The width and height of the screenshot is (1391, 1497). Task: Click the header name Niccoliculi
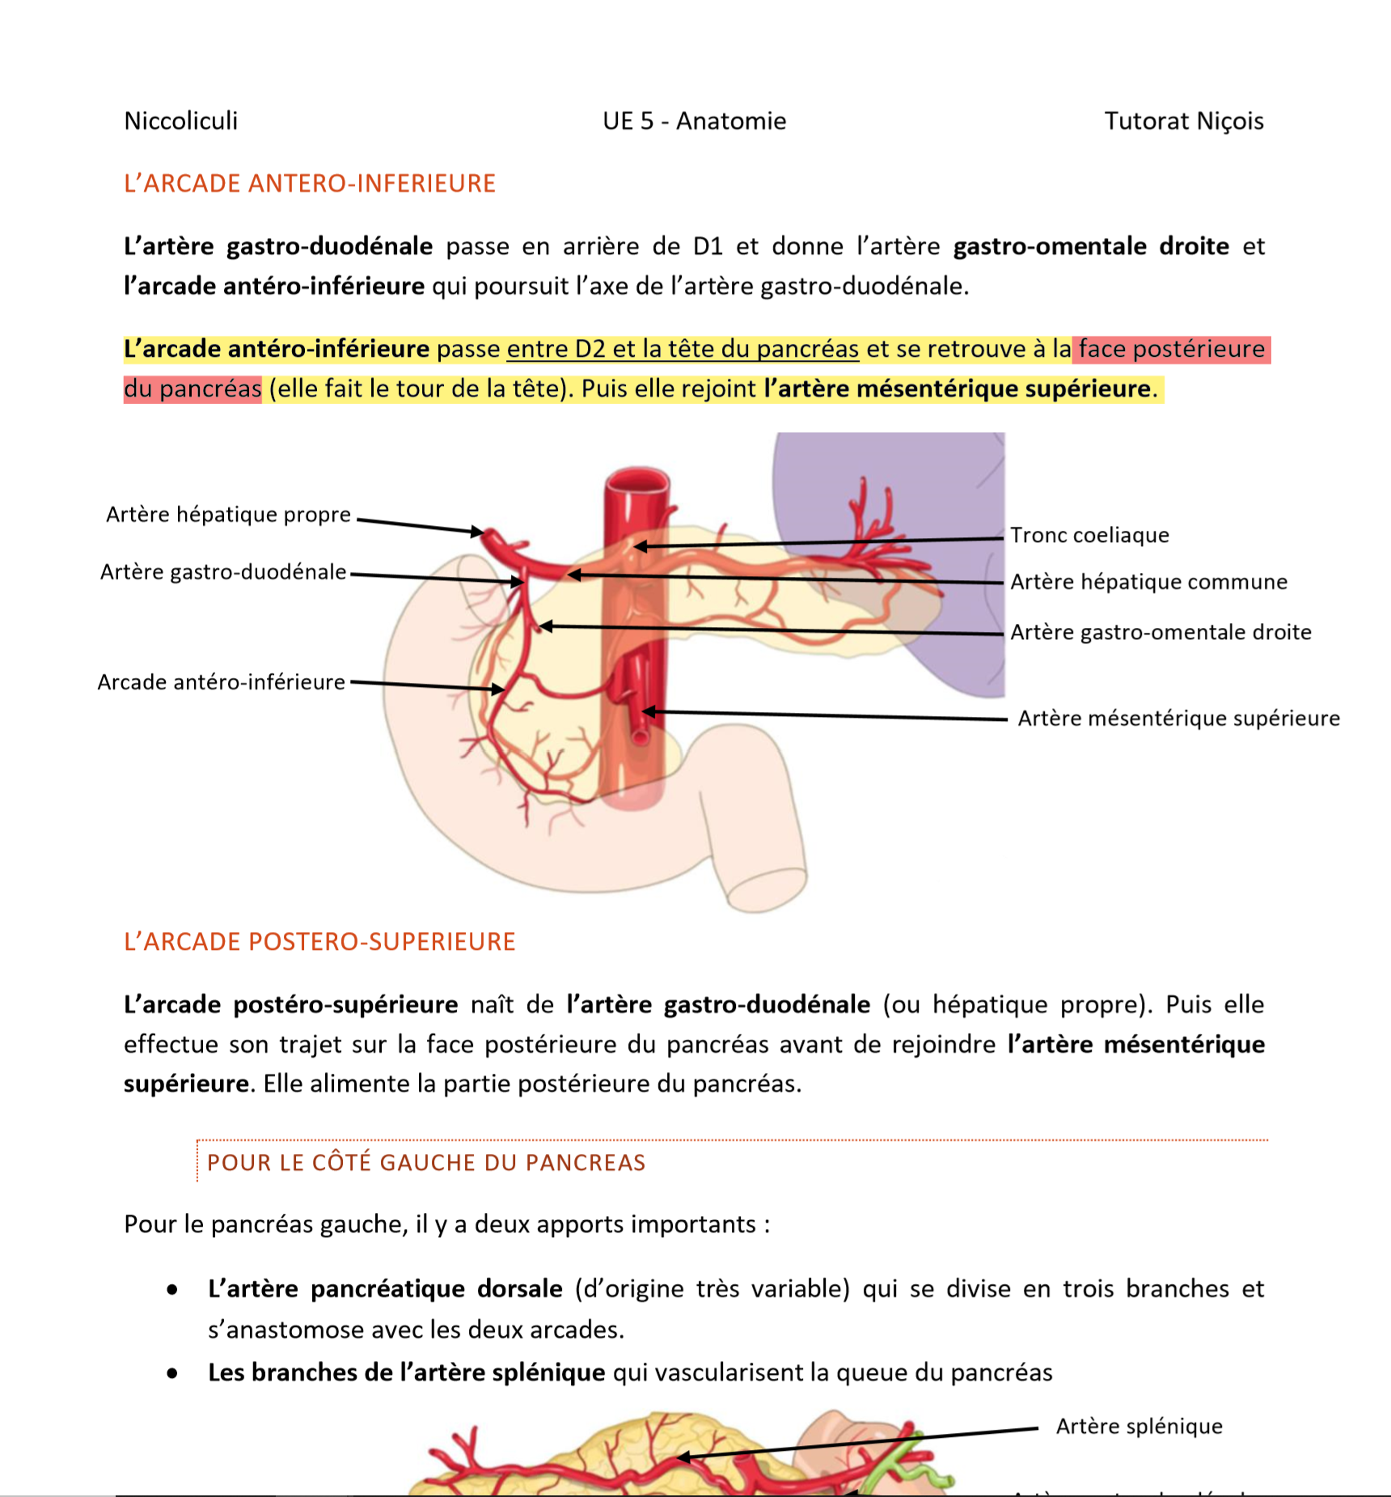[181, 121]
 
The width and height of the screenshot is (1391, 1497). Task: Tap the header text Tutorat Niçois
[1183, 121]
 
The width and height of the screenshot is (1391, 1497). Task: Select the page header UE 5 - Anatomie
[694, 121]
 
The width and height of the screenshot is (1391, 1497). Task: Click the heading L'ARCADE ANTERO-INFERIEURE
[310, 184]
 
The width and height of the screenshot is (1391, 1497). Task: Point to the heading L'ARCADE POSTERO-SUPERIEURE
[319, 942]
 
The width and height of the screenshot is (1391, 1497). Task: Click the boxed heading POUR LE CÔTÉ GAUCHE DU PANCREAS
[426, 1163]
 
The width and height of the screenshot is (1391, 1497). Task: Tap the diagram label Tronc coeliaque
[1089, 535]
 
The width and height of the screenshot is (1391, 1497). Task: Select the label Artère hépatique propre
[228, 515]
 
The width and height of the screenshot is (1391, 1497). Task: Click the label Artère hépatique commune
[1148, 582]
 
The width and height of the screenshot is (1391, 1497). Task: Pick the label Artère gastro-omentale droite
[1161, 632]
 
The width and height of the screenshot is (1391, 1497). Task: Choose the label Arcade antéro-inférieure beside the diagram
[221, 682]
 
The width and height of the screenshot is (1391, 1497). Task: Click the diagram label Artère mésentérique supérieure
[1178, 719]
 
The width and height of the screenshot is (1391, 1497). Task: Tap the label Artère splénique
[1139, 1426]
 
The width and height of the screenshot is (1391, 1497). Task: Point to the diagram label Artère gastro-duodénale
[223, 572]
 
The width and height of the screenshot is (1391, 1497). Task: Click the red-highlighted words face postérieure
[1171, 349]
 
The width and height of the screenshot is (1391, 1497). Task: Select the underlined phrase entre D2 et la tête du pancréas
[683, 349]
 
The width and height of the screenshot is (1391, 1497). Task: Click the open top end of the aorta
[638, 481]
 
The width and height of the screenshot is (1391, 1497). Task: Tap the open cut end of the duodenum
[766, 889]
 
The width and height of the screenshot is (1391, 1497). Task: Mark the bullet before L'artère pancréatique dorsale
[172, 1290]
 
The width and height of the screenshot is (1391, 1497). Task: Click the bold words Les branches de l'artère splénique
[407, 1372]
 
